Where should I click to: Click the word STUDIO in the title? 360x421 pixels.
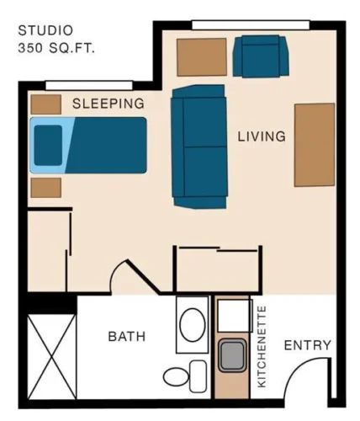tap(41, 31)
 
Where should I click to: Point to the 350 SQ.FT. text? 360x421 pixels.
tap(56, 48)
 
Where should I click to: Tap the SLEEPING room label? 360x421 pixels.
tap(108, 104)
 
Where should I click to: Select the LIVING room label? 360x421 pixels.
tap(261, 136)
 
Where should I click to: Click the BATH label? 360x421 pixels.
tap(126, 337)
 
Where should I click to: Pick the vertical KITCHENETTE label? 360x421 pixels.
tap(262, 346)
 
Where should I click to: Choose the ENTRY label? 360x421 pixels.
tap(307, 345)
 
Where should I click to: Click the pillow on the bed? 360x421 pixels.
tap(48, 145)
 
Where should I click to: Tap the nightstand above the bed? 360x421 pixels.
tap(45, 104)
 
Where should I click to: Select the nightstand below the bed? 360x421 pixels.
tap(45, 187)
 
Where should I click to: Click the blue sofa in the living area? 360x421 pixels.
tap(200, 146)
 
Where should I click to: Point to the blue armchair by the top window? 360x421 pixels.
tap(261, 55)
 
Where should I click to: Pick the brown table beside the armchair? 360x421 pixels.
tap(202, 56)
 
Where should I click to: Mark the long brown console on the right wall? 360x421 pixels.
tap(314, 144)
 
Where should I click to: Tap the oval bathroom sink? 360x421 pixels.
tap(194, 326)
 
